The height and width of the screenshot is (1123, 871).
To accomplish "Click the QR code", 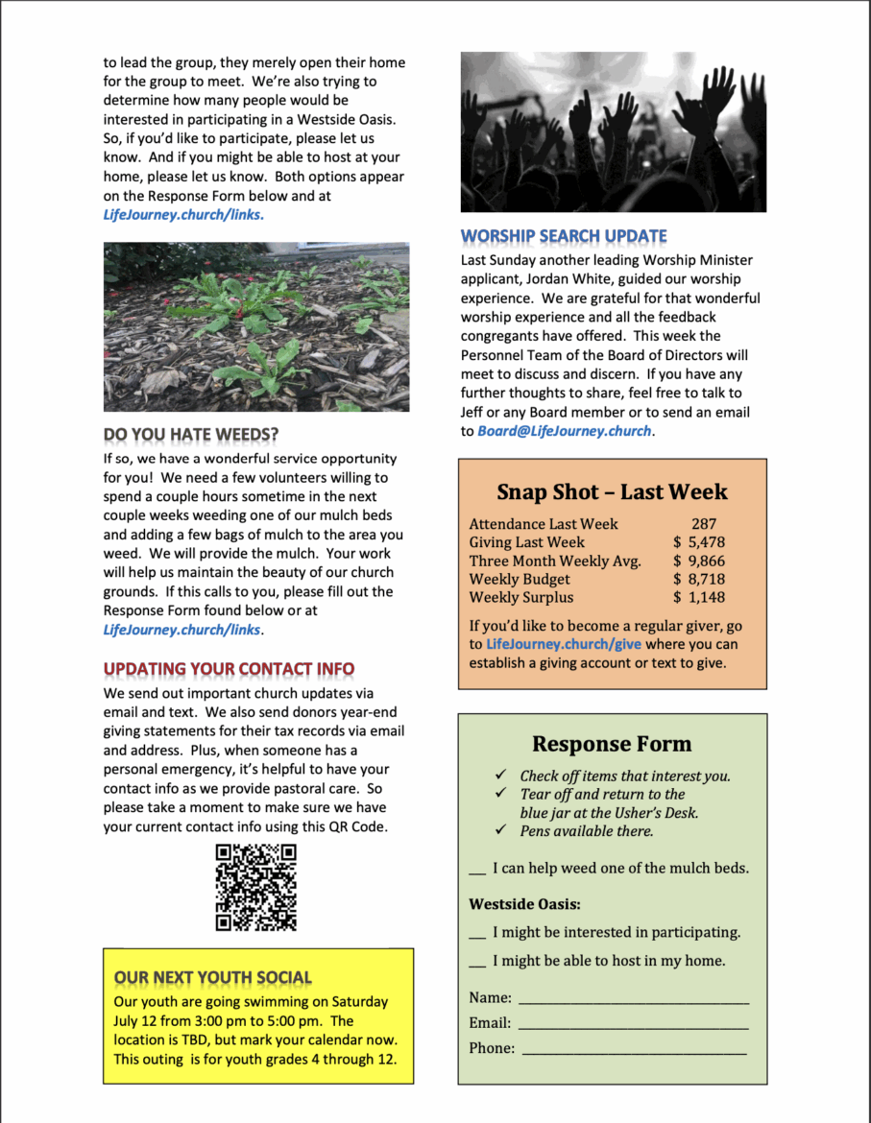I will pyautogui.click(x=255, y=887).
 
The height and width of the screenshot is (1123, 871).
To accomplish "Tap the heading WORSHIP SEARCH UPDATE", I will pyautogui.click(x=564, y=236).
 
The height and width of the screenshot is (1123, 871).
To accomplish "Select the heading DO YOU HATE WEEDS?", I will pyautogui.click(x=191, y=435).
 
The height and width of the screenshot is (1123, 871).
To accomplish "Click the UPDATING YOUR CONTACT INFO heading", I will pyautogui.click(x=229, y=669).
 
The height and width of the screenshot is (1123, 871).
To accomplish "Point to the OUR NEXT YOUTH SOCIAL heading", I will pyautogui.click(x=212, y=978).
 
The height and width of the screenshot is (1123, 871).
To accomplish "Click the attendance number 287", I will pyautogui.click(x=703, y=524).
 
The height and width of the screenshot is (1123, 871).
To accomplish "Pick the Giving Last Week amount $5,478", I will pyautogui.click(x=699, y=542).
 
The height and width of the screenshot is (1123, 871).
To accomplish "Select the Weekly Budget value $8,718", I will pyautogui.click(x=699, y=579).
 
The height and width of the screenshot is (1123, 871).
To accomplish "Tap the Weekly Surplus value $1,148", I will pyautogui.click(x=699, y=597).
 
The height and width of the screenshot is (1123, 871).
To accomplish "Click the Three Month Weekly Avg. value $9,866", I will pyautogui.click(x=699, y=561).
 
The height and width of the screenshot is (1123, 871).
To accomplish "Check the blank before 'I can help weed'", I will pyautogui.click(x=477, y=870).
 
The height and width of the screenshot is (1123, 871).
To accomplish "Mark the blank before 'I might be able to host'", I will pyautogui.click(x=477, y=962).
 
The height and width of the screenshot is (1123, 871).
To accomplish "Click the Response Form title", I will pyautogui.click(x=612, y=744).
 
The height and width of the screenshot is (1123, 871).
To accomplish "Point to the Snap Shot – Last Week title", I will pyautogui.click(x=612, y=492).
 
